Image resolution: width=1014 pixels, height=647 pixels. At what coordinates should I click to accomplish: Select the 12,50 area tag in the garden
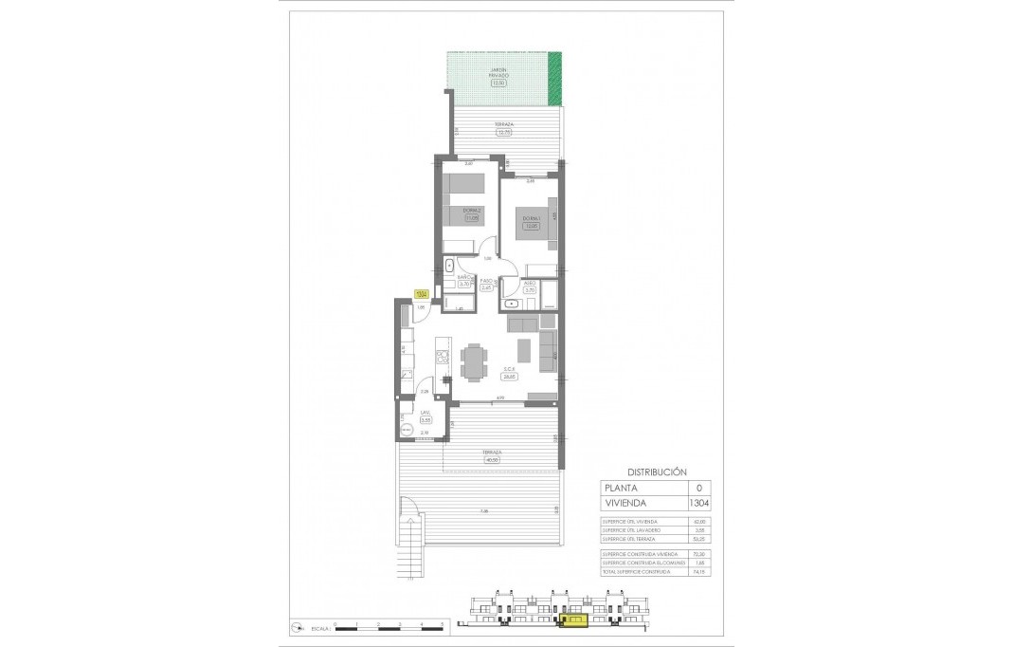[498, 83]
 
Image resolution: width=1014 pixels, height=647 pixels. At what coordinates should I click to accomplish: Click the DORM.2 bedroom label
[472, 211]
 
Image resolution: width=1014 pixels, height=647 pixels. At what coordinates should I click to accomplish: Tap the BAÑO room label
[465, 277]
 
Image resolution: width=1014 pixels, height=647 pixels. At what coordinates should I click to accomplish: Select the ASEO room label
[531, 282]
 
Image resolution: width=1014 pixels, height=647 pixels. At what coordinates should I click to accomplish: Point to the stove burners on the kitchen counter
[441, 357]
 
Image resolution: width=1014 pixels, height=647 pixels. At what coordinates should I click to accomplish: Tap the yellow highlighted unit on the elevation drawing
[574, 621]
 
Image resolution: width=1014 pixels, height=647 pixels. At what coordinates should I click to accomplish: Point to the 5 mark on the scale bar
[442, 623]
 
